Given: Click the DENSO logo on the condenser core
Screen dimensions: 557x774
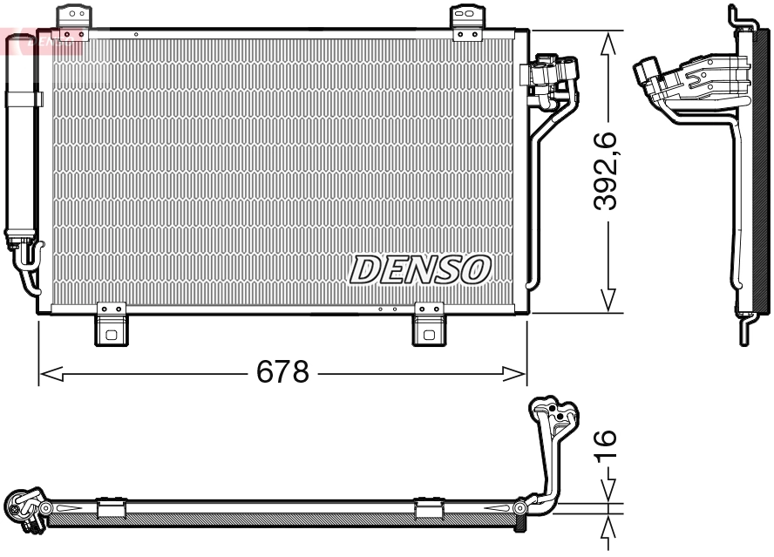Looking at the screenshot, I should coord(420,269).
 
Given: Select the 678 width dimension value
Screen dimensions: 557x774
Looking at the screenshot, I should coord(282,373).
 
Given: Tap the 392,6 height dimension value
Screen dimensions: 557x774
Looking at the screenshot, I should coord(606,170).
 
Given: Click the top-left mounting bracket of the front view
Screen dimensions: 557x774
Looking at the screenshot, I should coord(73,18).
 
